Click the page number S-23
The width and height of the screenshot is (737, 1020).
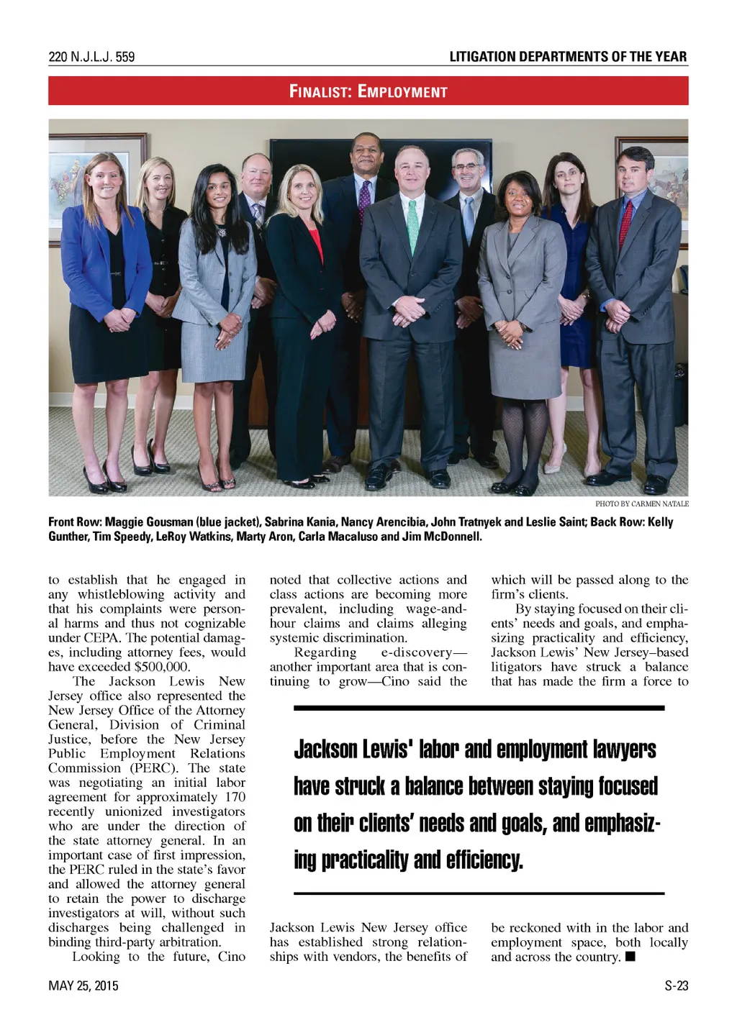[676, 985]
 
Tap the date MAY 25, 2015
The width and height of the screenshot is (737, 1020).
[83, 985]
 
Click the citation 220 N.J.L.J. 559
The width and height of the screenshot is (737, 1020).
[91, 57]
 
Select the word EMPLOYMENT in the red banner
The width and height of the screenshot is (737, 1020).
[402, 91]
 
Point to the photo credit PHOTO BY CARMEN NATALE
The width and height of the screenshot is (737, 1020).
[641, 504]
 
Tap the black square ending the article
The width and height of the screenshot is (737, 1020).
[630, 957]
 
